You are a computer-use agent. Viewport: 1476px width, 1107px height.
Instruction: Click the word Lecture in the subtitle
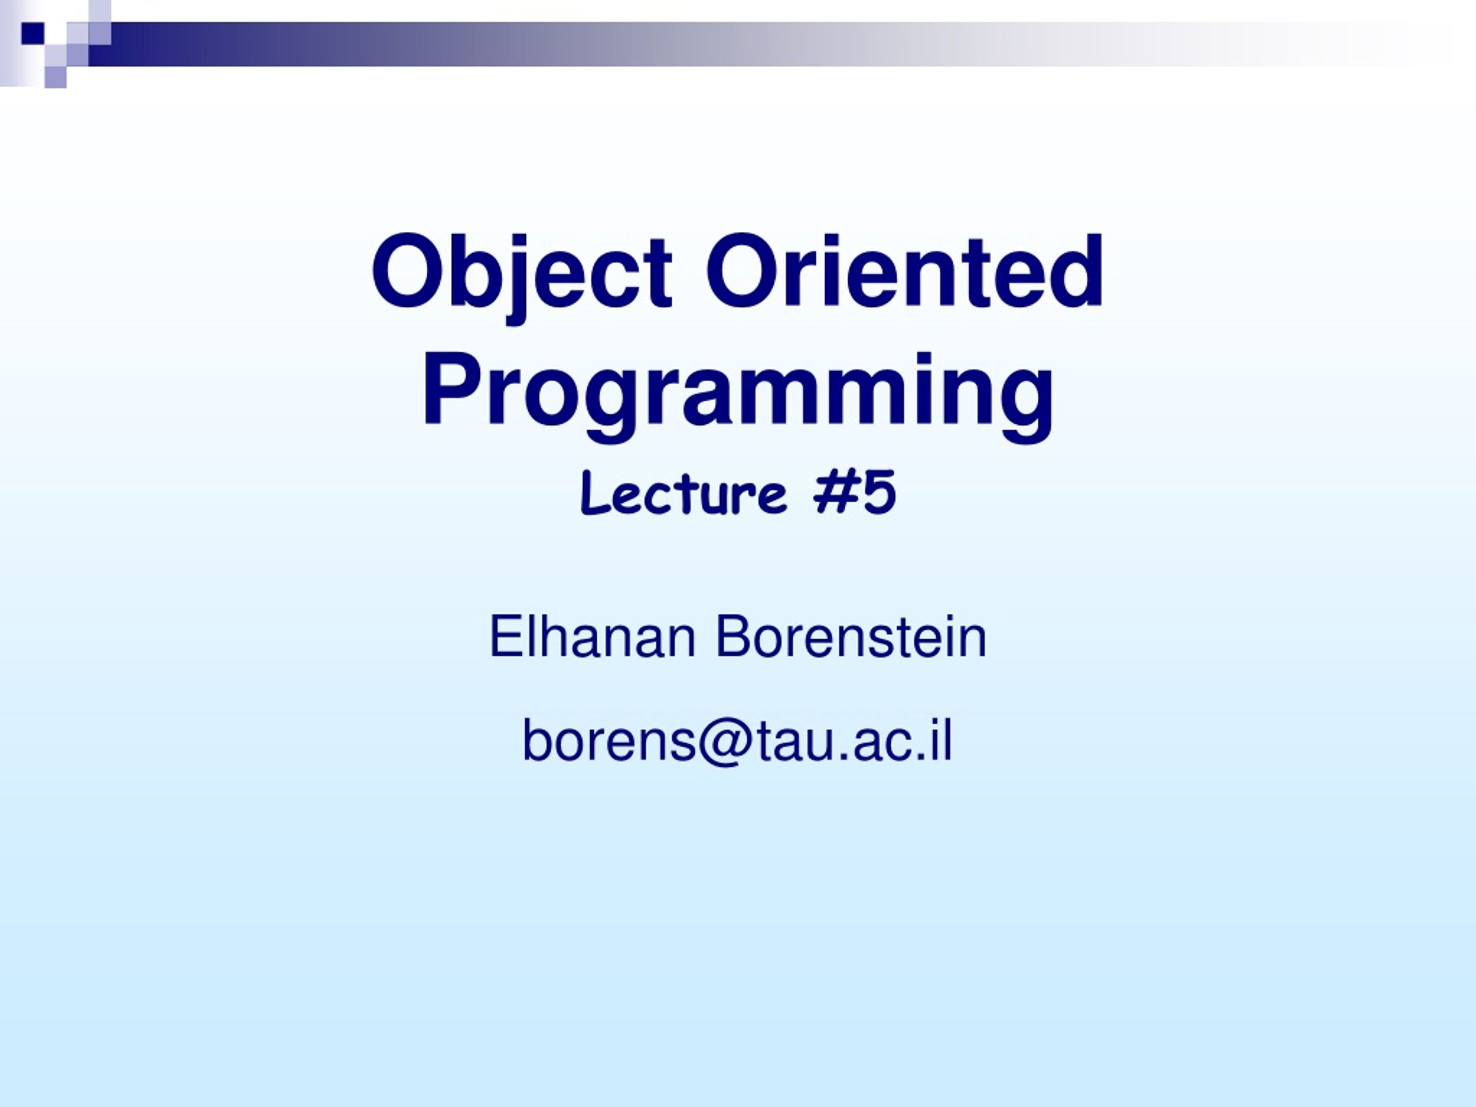click(x=684, y=492)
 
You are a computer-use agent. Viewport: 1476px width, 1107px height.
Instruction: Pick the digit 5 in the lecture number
click(x=878, y=492)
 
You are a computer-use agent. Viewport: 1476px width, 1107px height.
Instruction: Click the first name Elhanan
click(x=593, y=637)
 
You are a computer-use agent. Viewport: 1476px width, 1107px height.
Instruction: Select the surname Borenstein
click(x=851, y=637)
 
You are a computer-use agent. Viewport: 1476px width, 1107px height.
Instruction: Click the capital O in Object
click(x=408, y=271)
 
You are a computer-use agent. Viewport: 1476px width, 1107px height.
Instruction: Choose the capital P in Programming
click(x=454, y=389)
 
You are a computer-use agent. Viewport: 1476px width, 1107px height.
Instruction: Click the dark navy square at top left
click(x=32, y=33)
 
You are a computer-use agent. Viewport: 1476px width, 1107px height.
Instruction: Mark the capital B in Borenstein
click(x=735, y=637)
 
